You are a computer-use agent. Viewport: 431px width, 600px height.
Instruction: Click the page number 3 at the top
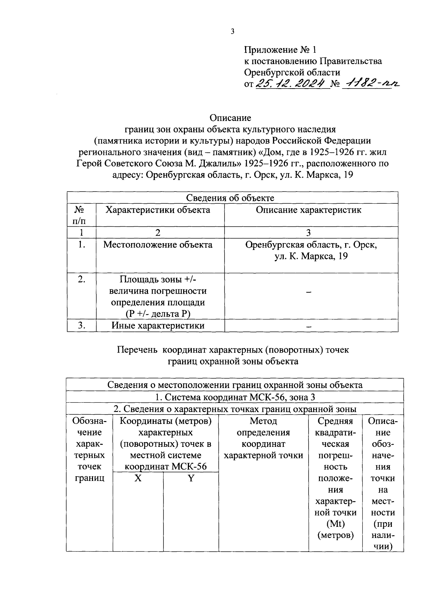[232, 32]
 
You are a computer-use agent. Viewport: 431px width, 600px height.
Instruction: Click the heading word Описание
[230, 118]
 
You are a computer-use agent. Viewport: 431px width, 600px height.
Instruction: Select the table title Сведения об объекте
[230, 198]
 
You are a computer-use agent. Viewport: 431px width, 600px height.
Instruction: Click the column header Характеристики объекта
[158, 210]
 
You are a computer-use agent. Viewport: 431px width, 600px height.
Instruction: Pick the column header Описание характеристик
[309, 210]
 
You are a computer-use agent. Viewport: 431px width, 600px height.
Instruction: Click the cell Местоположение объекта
[158, 245]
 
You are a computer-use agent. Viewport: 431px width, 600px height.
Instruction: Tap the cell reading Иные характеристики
[158, 326]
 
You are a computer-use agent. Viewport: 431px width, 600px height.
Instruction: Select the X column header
[138, 478]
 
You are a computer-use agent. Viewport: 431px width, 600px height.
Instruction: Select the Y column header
[191, 478]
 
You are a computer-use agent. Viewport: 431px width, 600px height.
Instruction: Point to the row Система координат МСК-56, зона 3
[235, 397]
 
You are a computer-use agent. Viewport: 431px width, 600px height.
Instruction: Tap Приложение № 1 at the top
[281, 49]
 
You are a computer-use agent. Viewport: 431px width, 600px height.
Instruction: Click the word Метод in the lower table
[263, 421]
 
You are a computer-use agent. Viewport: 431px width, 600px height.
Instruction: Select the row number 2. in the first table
[82, 279]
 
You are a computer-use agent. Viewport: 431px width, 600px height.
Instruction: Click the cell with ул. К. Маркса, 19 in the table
[311, 256]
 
